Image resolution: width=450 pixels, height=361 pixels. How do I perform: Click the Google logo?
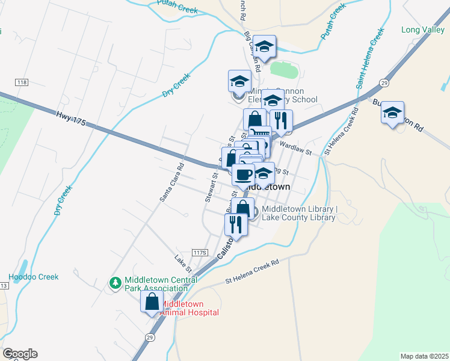[20, 354]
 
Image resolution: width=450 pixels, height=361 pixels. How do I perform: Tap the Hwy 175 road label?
[72, 118]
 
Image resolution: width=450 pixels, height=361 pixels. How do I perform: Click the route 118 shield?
[22, 81]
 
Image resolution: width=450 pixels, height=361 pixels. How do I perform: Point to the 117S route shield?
[200, 252]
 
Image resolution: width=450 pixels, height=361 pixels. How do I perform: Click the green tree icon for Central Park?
[114, 282]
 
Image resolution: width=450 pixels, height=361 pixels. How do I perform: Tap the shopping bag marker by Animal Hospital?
[152, 301]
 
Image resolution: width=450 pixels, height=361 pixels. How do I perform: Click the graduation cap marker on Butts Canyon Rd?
[392, 113]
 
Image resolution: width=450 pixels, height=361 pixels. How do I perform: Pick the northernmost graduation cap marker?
[264, 46]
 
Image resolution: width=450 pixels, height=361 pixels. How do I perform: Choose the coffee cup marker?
[243, 175]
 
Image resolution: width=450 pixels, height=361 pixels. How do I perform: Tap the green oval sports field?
[285, 70]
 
